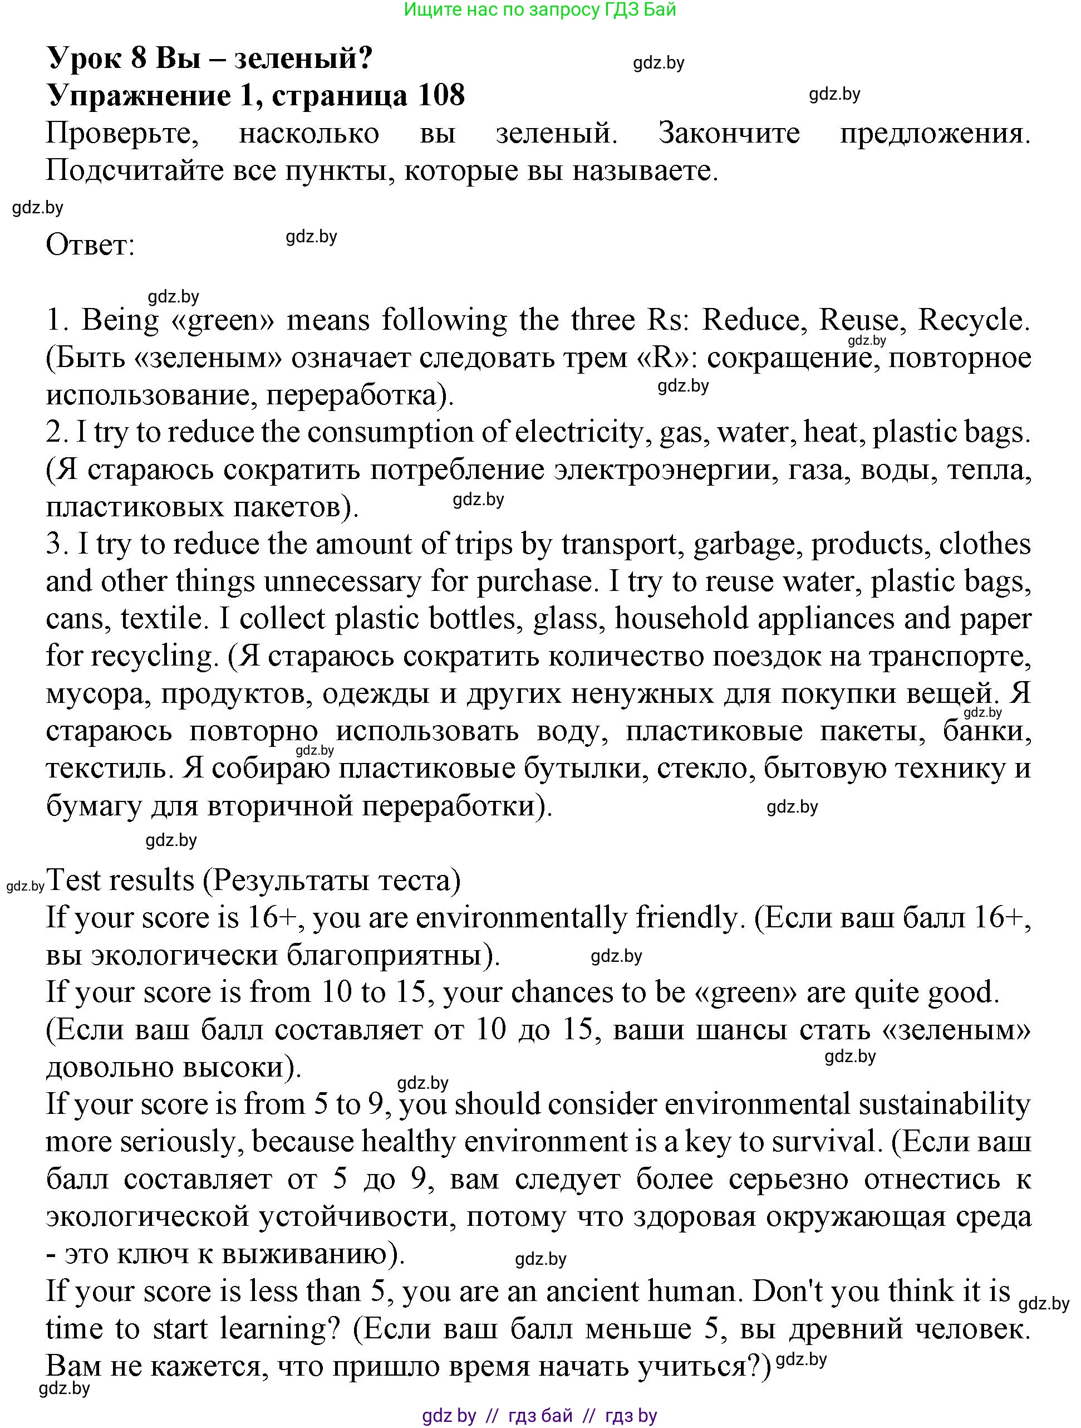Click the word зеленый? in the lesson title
point(303,58)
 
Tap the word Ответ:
point(90,245)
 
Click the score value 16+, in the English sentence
point(277,918)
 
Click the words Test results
point(120,881)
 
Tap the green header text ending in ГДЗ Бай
point(539,9)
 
